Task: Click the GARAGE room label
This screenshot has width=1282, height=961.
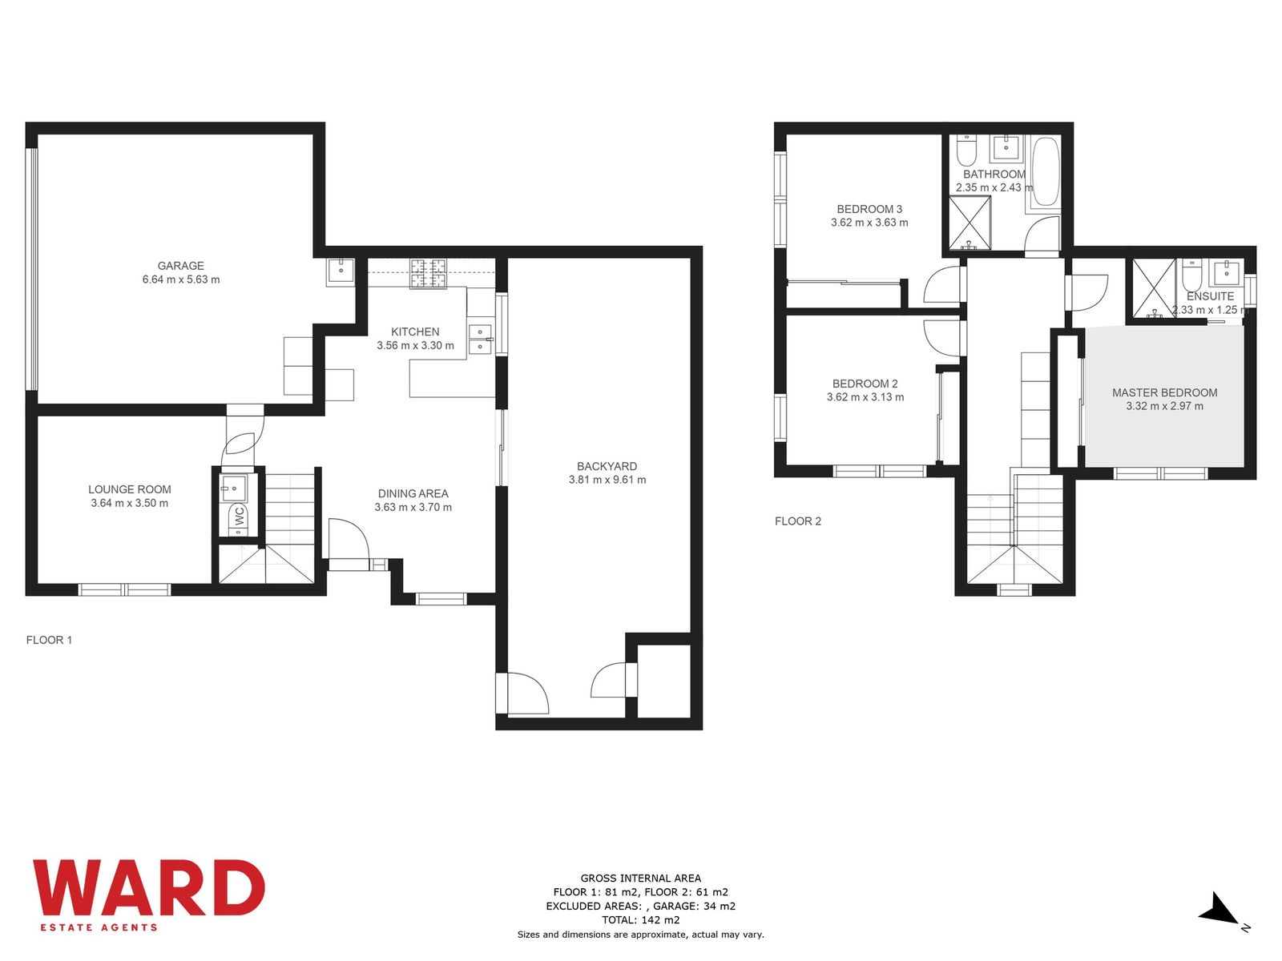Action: pyautogui.click(x=180, y=266)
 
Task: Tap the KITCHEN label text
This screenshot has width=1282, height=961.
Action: pyautogui.click(x=415, y=332)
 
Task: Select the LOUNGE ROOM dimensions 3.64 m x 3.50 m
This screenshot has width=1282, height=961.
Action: pyautogui.click(x=130, y=503)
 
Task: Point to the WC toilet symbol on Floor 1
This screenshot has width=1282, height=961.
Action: pyautogui.click(x=239, y=516)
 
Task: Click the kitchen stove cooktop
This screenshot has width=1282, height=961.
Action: pyautogui.click(x=428, y=274)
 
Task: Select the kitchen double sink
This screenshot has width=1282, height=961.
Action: pyautogui.click(x=480, y=339)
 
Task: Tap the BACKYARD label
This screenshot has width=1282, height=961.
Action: pyautogui.click(x=607, y=466)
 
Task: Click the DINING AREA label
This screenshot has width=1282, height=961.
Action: pyautogui.click(x=413, y=493)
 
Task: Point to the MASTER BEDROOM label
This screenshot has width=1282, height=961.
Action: pyautogui.click(x=1164, y=392)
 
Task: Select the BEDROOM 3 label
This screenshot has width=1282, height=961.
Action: pyautogui.click(x=869, y=209)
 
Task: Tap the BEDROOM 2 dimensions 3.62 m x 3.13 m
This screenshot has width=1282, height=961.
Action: pyautogui.click(x=865, y=397)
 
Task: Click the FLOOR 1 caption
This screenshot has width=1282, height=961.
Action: pyautogui.click(x=49, y=640)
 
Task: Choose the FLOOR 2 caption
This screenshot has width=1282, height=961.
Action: pyautogui.click(x=798, y=521)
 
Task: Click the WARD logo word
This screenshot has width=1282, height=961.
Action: pyautogui.click(x=148, y=887)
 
